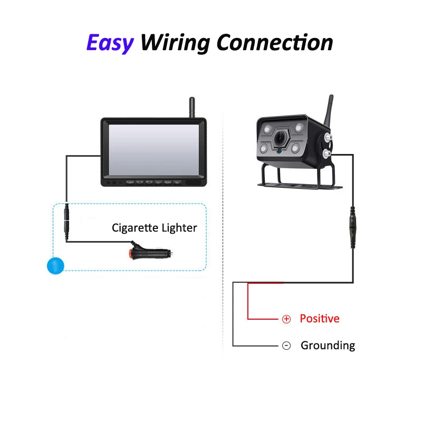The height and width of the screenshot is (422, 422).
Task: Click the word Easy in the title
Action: coord(110,43)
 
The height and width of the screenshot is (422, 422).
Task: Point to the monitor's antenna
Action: coord(191,107)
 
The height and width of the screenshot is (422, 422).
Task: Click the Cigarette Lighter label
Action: coord(154,228)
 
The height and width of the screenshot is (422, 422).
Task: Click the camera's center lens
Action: coord(280,138)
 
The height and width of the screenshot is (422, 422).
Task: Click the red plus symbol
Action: coord(286,319)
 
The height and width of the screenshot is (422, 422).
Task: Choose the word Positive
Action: coord(320,319)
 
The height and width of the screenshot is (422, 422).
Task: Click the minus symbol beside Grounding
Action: coord(286,346)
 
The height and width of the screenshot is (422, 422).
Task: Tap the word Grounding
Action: coord(328,346)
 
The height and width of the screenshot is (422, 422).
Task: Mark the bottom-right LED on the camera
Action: coord(296,149)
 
